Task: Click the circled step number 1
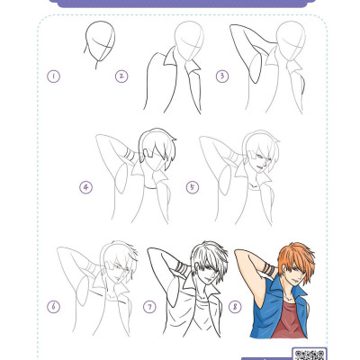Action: click(53, 76)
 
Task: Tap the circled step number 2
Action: click(121, 76)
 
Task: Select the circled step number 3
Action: click(222, 76)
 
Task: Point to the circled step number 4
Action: click(86, 187)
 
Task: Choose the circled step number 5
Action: click(193, 187)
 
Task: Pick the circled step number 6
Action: click(53, 307)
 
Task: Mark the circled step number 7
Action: click(149, 307)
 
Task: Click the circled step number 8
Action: click(235, 307)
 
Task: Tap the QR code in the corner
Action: click(309, 354)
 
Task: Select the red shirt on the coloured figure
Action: click(287, 319)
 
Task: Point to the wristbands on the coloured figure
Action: click(269, 268)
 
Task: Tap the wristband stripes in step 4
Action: click(130, 154)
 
